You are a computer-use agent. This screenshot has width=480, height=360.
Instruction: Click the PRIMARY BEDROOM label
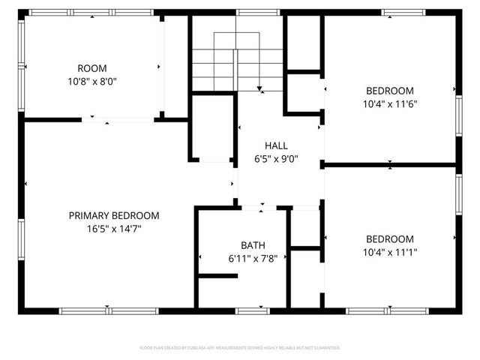[114, 215]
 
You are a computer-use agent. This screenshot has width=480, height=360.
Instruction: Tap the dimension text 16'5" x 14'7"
[114, 229]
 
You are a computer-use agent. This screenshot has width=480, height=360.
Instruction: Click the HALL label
[276, 145]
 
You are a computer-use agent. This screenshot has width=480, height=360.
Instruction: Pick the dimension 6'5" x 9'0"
[276, 159]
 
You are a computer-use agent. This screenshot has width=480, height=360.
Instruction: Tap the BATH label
[252, 245]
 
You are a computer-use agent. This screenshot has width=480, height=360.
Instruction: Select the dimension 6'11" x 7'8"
[252, 259]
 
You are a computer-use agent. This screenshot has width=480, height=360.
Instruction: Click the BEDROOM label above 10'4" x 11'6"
[389, 90]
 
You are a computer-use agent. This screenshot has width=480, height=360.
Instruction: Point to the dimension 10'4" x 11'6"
[389, 104]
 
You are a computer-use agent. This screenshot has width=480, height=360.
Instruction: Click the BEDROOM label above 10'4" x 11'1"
[389, 238]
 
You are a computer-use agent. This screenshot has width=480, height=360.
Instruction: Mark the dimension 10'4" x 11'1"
[389, 253]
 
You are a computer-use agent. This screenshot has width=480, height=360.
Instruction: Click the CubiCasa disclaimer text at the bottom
[240, 348]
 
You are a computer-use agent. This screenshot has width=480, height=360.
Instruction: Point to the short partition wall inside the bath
[218, 276]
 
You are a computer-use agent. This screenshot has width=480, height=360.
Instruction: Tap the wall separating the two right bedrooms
[389, 164]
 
